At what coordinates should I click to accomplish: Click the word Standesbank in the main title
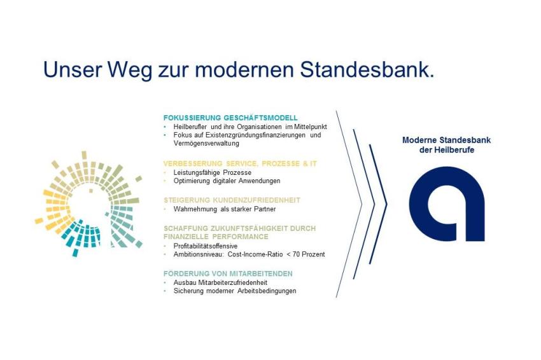point(367,70)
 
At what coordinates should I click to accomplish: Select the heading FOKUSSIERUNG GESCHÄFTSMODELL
point(230,118)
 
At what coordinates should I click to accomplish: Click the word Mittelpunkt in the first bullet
point(311,127)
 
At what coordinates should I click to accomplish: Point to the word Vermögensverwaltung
point(206,144)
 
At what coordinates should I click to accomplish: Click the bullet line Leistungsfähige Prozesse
point(212,172)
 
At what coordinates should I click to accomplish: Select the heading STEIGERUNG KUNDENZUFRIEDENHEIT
point(232,200)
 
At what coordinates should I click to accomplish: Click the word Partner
point(265,209)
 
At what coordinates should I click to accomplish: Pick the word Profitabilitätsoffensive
point(206,246)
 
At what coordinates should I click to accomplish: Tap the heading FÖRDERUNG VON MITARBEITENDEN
point(228,273)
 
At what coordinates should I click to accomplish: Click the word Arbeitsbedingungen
point(267,291)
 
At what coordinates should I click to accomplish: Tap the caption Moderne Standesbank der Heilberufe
point(446,145)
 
